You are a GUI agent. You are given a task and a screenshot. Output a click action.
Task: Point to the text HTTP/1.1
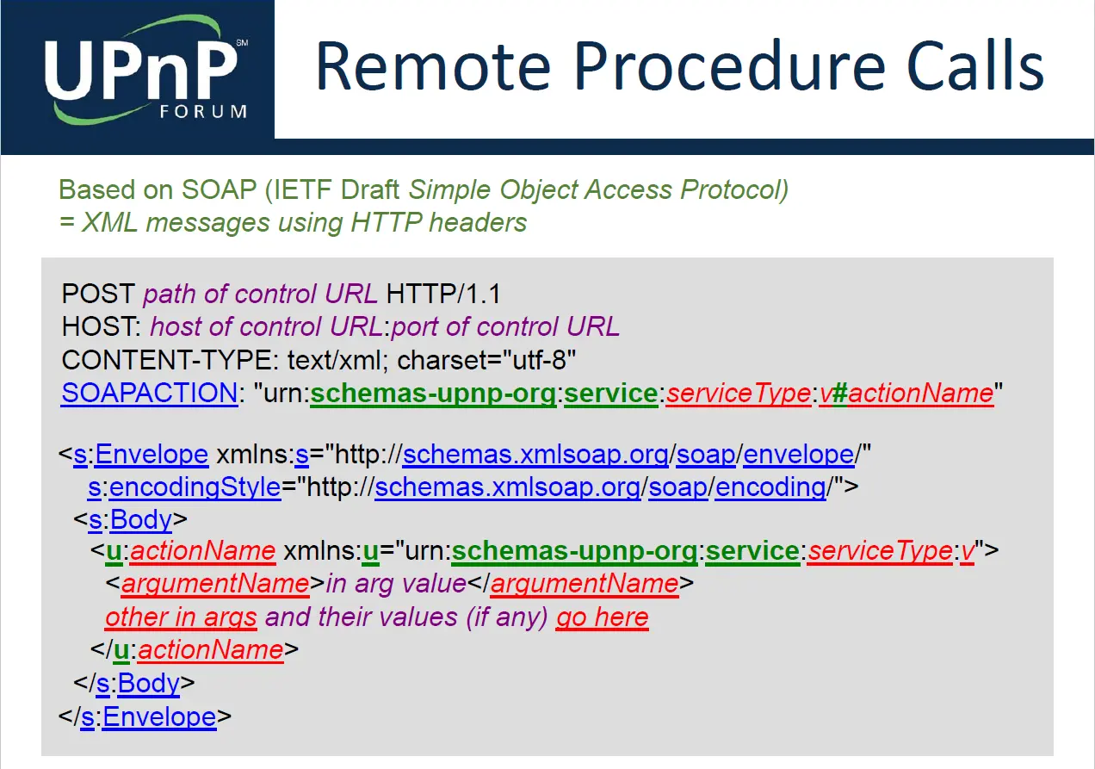coord(443,295)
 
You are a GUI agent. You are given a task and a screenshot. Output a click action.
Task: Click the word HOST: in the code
coord(102,327)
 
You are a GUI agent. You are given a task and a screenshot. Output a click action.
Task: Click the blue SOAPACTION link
coord(149,393)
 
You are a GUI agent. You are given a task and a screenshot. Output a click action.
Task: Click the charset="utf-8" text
coord(486,360)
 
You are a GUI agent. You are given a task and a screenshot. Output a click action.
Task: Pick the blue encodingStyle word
coord(195,487)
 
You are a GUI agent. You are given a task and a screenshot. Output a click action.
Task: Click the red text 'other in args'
coord(181,617)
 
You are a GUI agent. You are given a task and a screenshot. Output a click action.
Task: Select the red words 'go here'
coord(603,617)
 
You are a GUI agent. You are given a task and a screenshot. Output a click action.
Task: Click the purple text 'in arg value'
coord(396,584)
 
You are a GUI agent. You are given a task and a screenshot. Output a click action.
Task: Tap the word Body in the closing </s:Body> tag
coord(149,684)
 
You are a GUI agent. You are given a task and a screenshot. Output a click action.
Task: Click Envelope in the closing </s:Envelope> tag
coord(159,716)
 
